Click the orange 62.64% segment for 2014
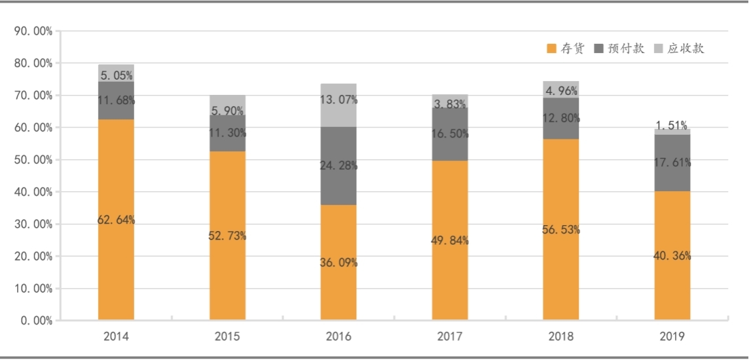point(116,220)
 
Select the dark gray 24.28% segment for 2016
point(338,166)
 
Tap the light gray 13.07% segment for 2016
point(338,105)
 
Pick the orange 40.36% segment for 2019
point(672,255)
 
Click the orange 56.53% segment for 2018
point(561,229)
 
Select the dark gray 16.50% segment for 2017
point(450,134)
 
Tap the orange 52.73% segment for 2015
point(227,236)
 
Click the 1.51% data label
point(672,126)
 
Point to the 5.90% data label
point(227,111)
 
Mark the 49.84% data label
point(450,240)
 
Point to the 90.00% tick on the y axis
point(33,31)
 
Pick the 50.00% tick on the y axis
point(33,160)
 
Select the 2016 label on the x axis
point(338,336)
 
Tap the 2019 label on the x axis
point(672,336)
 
